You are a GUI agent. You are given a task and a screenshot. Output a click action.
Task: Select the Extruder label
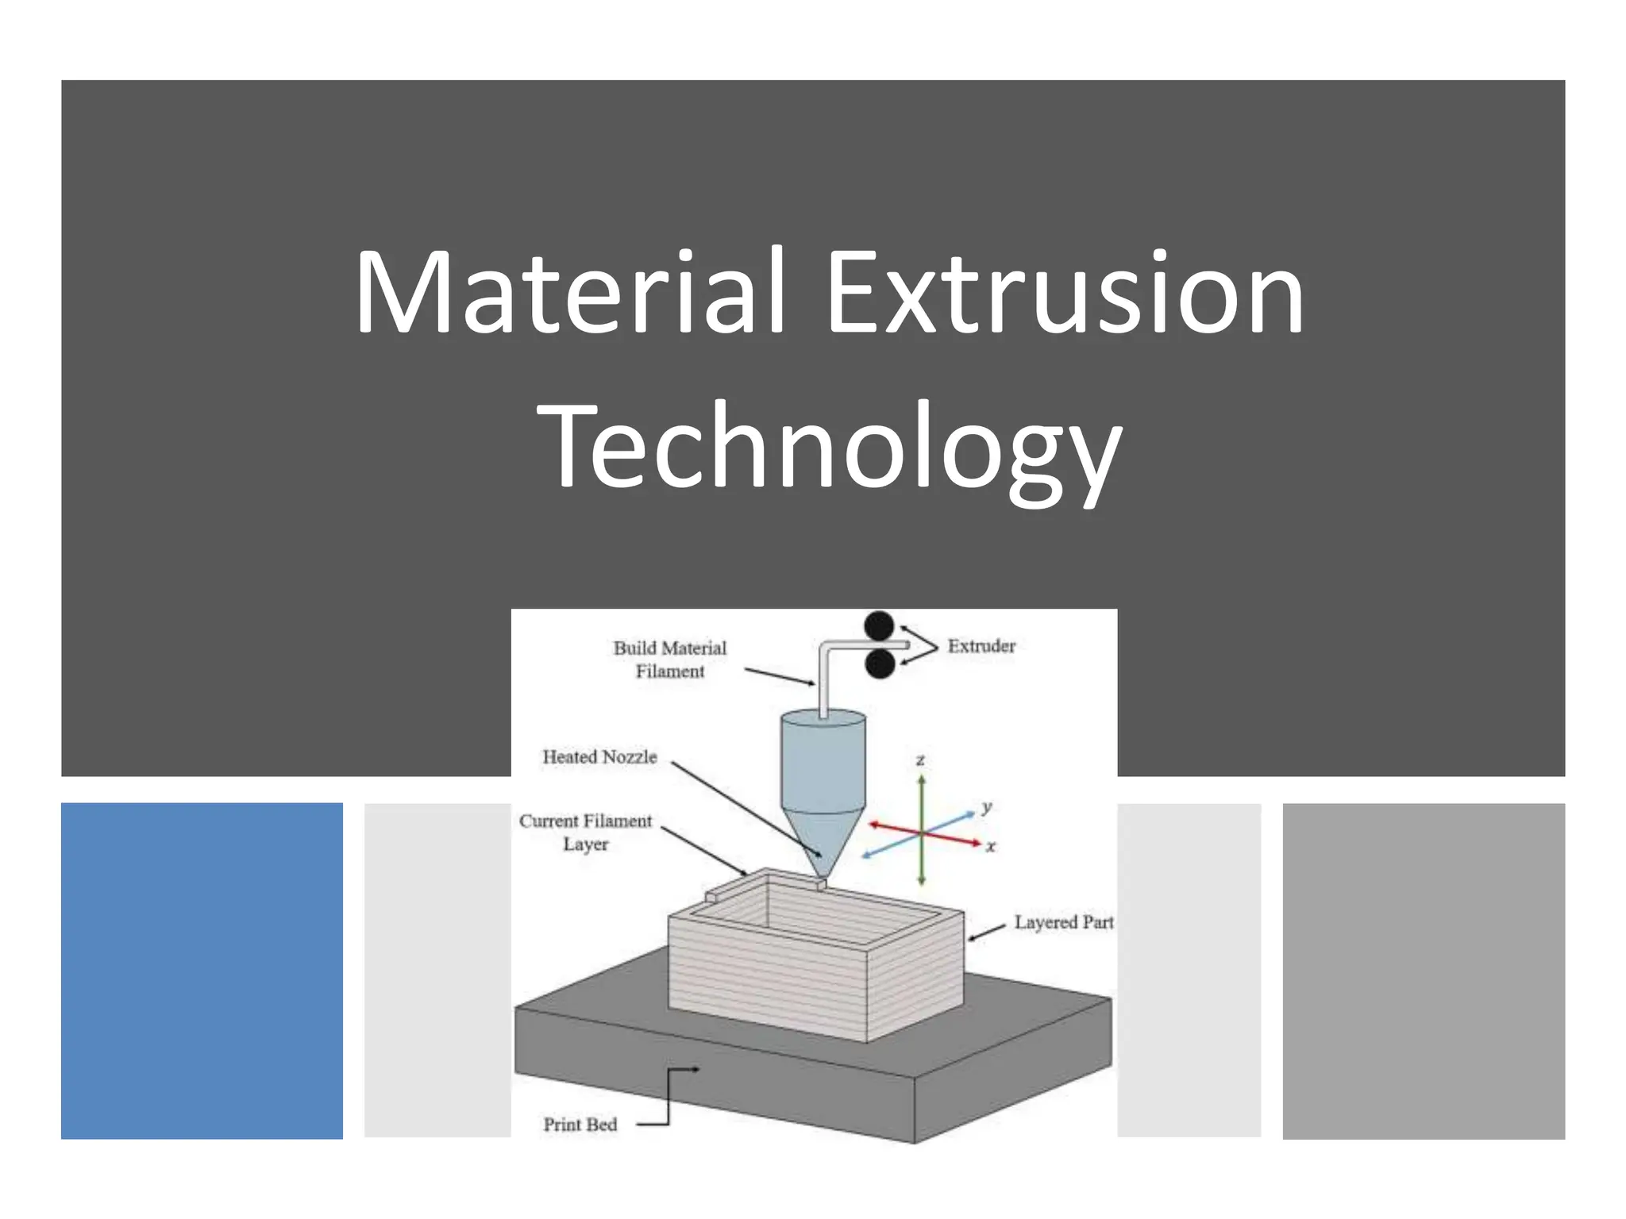tap(981, 646)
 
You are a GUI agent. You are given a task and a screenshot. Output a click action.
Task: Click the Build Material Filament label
tap(669, 659)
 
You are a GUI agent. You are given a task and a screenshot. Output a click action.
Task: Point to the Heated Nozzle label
tap(599, 757)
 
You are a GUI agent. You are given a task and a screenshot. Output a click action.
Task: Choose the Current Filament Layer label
tap(586, 832)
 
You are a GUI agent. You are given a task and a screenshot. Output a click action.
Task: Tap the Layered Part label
tap(1063, 922)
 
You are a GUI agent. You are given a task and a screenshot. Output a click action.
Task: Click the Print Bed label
tap(580, 1125)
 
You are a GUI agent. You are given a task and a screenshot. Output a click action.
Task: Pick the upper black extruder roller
tap(879, 625)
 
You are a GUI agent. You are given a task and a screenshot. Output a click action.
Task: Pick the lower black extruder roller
tap(880, 664)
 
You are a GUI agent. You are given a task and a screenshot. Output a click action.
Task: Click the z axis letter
tap(921, 760)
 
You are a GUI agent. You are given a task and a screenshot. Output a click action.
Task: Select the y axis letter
tap(986, 807)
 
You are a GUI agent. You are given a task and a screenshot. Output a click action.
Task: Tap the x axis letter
tap(991, 847)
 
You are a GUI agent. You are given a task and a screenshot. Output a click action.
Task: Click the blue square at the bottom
tap(202, 971)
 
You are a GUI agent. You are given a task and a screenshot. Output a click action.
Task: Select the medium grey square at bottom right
tap(1423, 971)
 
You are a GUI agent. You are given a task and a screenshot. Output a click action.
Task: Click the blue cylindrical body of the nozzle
tap(823, 762)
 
